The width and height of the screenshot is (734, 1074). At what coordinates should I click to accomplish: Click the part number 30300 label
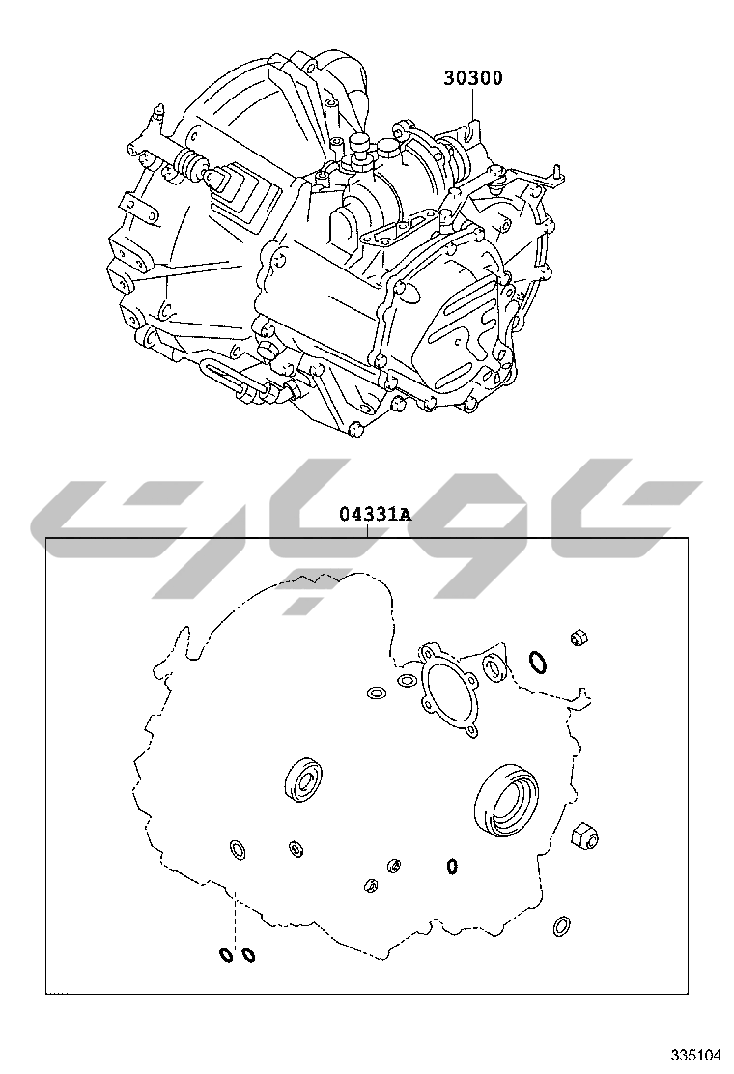click(472, 77)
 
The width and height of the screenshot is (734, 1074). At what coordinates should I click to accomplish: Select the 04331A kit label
click(376, 514)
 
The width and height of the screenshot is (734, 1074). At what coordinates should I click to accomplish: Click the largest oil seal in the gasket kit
click(506, 800)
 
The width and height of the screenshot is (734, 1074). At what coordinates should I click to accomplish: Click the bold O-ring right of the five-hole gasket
click(538, 662)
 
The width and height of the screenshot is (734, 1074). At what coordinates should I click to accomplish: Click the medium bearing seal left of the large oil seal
click(303, 779)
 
